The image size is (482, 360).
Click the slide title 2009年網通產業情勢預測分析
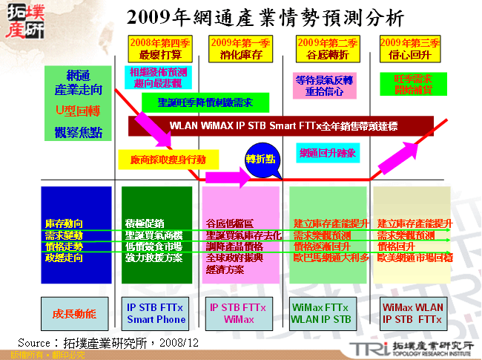click(x=264, y=17)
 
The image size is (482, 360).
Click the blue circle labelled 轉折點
click(x=260, y=160)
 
